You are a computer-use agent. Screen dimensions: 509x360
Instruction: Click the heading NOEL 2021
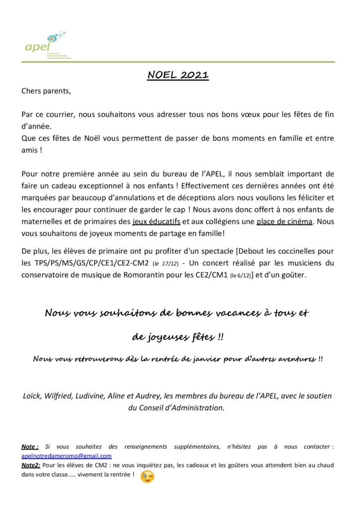tap(178, 76)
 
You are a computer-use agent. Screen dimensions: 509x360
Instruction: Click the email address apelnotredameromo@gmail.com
tap(67, 455)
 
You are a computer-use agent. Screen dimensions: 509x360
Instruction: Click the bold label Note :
tap(30, 447)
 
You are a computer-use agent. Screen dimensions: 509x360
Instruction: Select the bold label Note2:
tap(32, 465)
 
